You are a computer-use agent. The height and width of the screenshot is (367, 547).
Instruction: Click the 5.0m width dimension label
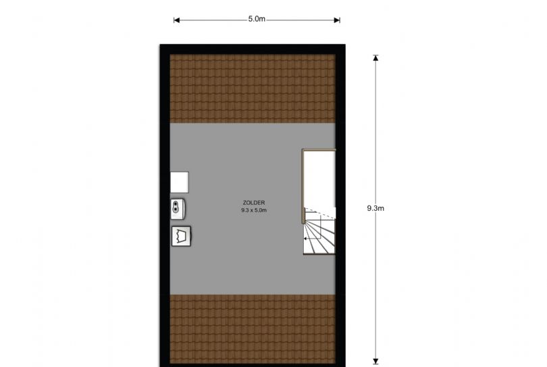click(x=257, y=20)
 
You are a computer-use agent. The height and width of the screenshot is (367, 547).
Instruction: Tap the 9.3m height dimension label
click(x=375, y=208)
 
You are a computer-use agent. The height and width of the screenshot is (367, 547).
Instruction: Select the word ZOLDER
click(x=254, y=203)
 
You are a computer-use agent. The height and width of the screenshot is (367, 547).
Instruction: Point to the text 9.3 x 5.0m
click(x=254, y=211)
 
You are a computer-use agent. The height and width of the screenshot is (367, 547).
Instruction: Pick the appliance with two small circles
click(x=178, y=207)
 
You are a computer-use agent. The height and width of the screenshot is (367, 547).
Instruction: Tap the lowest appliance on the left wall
click(x=181, y=236)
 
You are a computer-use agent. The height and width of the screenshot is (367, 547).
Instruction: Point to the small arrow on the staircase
click(x=305, y=238)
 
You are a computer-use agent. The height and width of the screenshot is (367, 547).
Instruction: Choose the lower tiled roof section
click(x=253, y=330)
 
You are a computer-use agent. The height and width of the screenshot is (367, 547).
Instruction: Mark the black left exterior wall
click(x=164, y=203)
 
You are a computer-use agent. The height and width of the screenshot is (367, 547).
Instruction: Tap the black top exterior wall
click(x=253, y=49)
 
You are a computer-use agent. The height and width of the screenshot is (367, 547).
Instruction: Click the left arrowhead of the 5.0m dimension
click(x=177, y=20)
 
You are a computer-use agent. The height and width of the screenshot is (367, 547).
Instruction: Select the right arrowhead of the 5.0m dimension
click(x=337, y=20)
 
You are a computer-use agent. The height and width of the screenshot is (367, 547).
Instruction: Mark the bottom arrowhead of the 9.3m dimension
click(x=375, y=360)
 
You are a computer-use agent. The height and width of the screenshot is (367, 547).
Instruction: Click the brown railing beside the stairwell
click(x=303, y=186)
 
